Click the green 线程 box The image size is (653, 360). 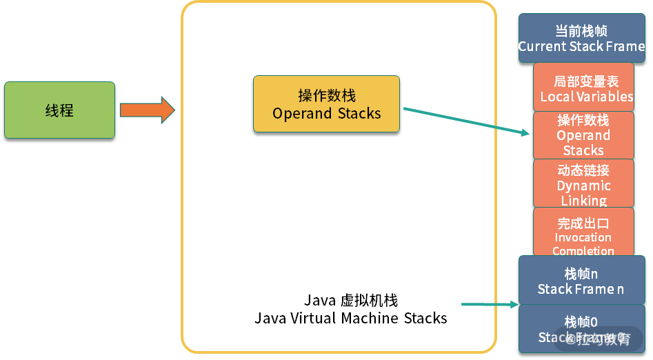(x=59, y=110)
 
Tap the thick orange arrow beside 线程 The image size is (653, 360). (x=147, y=110)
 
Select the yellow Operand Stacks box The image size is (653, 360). (x=326, y=103)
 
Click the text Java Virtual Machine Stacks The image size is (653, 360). (x=350, y=319)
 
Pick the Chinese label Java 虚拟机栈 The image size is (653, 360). (x=350, y=301)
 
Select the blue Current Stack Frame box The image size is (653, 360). (x=581, y=39)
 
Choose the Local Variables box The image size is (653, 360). (x=583, y=88)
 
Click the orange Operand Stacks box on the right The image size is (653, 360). (x=583, y=135)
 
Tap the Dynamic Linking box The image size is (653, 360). (x=583, y=183)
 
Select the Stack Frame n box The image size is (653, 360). (x=581, y=281)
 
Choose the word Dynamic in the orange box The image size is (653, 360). (x=583, y=186)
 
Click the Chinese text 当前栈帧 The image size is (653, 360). (x=581, y=32)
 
